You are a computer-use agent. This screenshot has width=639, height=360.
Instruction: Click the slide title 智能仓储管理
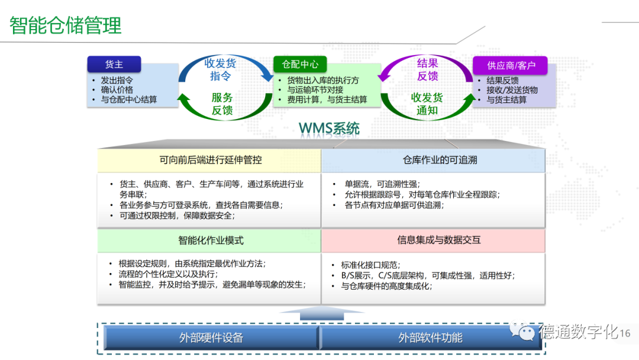pos(66,26)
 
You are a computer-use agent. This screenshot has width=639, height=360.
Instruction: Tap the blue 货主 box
pos(114,64)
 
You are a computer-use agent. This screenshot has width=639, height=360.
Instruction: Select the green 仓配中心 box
pos(301,64)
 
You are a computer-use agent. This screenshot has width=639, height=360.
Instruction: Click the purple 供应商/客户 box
pos(510,65)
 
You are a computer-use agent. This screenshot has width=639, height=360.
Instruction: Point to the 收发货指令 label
pos(221,69)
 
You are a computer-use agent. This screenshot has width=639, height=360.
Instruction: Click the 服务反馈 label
pos(222,104)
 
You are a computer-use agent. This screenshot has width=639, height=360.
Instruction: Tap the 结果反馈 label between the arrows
pos(427,69)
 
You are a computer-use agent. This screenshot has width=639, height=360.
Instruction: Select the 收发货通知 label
pos(427,104)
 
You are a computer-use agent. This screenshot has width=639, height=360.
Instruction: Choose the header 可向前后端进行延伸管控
pos(210,160)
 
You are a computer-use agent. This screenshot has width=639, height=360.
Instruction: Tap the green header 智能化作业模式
pos(210,240)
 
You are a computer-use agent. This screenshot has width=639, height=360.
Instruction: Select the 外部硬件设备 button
pos(211,338)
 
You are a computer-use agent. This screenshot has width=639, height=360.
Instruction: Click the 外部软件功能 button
pos(430,338)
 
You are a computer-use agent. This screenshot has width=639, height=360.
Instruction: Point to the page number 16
pos(625,333)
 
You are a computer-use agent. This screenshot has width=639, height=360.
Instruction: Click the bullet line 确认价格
pos(117,90)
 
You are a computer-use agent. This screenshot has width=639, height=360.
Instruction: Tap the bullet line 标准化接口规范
pos(370,265)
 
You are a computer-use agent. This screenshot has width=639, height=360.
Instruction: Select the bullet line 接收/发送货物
pos(512,90)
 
